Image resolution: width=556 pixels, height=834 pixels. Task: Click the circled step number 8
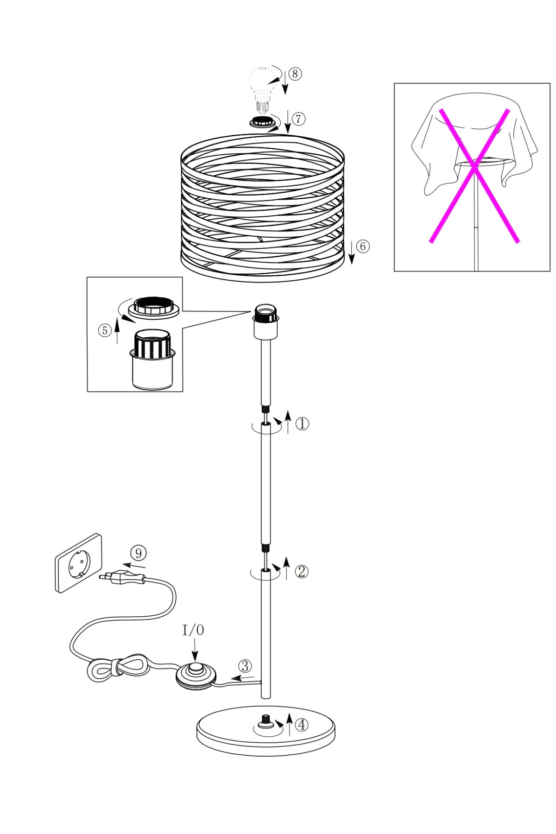[x=295, y=74]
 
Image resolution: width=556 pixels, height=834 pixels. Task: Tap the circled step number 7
[x=299, y=119]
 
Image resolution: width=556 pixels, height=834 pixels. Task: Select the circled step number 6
[x=363, y=246]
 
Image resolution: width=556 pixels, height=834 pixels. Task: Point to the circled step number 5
[x=105, y=330]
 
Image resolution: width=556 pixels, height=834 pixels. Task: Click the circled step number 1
[x=302, y=423]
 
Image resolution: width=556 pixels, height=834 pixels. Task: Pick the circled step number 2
[x=301, y=571]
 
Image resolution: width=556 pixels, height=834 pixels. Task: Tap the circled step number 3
[x=245, y=666]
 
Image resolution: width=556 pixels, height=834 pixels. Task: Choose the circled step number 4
[x=302, y=724]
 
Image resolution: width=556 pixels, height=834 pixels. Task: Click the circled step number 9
[x=139, y=553]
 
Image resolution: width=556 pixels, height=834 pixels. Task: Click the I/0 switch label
[x=193, y=630]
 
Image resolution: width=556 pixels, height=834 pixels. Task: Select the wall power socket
[x=79, y=563]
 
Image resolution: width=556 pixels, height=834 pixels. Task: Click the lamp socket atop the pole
[x=265, y=322]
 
